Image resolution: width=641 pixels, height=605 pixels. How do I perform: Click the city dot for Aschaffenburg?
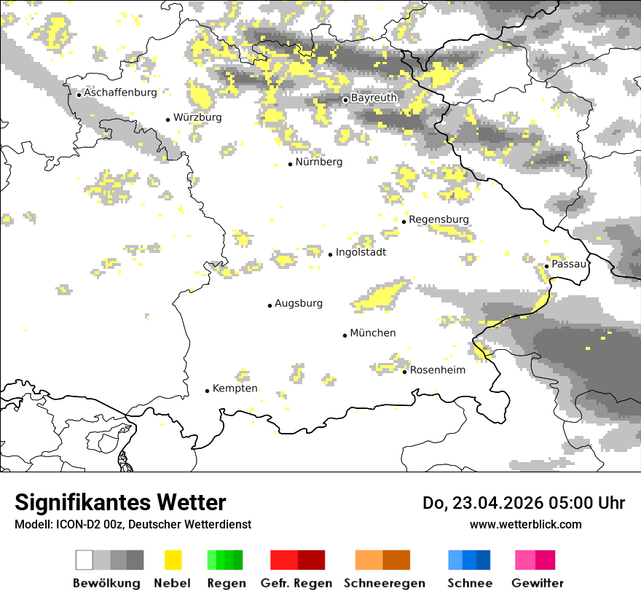[79, 94]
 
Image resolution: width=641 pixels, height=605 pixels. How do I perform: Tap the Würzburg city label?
[197, 117]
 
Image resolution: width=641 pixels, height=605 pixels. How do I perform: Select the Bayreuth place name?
[374, 98]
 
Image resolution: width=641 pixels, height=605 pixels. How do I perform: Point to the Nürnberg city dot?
[290, 164]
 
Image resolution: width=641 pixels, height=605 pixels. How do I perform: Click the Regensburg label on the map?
[439, 219]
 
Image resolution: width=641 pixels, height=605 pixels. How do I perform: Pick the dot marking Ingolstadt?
[330, 254]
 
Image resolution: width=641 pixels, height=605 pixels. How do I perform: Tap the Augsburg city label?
[299, 303]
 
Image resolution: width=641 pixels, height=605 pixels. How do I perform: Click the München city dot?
[345, 335]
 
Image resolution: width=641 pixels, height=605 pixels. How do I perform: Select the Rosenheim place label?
[438, 370]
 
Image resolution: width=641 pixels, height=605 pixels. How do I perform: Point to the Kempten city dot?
[207, 391]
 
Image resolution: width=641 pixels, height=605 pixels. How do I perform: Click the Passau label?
[569, 264]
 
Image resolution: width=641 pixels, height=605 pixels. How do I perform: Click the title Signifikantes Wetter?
[120, 502]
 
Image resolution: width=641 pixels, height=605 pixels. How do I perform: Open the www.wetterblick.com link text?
[526, 524]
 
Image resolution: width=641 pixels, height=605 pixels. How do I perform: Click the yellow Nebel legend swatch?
[173, 560]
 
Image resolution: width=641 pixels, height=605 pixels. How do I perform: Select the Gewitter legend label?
[538, 583]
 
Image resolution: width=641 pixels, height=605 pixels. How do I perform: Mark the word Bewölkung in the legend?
[106, 583]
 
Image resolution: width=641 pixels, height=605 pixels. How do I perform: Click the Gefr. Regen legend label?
[296, 583]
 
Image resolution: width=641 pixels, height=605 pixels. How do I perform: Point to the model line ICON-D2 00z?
[133, 524]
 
